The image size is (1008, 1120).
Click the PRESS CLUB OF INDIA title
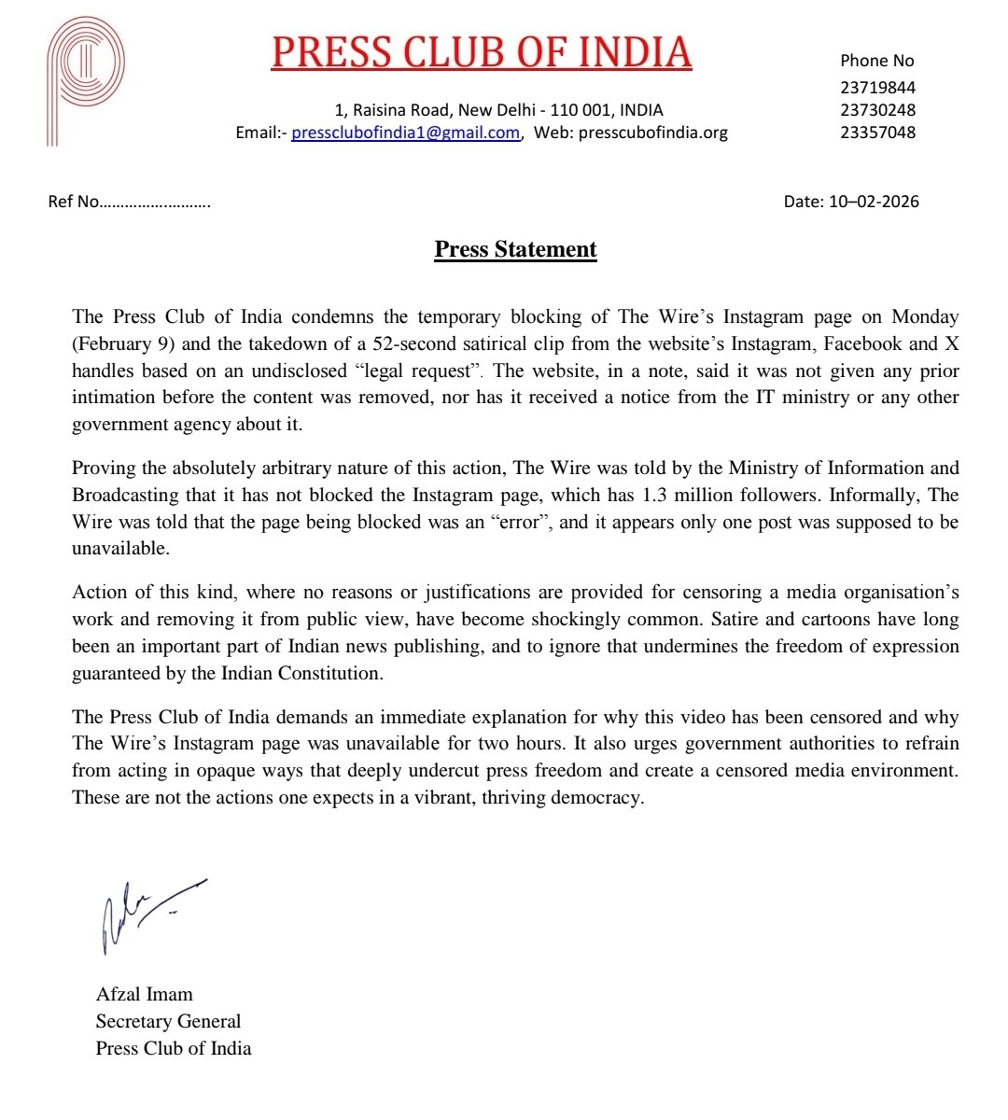pos(482,52)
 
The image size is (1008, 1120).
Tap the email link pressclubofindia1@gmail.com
pos(405,133)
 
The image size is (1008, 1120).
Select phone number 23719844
pos(877,87)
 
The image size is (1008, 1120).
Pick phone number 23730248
pos(877,109)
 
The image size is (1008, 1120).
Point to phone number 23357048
pos(877,132)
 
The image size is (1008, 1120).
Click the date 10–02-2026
pos(873,202)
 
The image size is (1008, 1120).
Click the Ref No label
pos(73,202)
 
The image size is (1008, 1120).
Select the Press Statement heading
pos(515,249)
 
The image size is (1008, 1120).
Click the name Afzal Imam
pos(144,994)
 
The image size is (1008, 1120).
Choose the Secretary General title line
pos(168,1021)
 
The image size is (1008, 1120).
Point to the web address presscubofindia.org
pos(652,133)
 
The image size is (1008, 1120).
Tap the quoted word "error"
pos(517,522)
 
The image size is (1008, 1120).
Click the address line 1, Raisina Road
pos(498,109)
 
